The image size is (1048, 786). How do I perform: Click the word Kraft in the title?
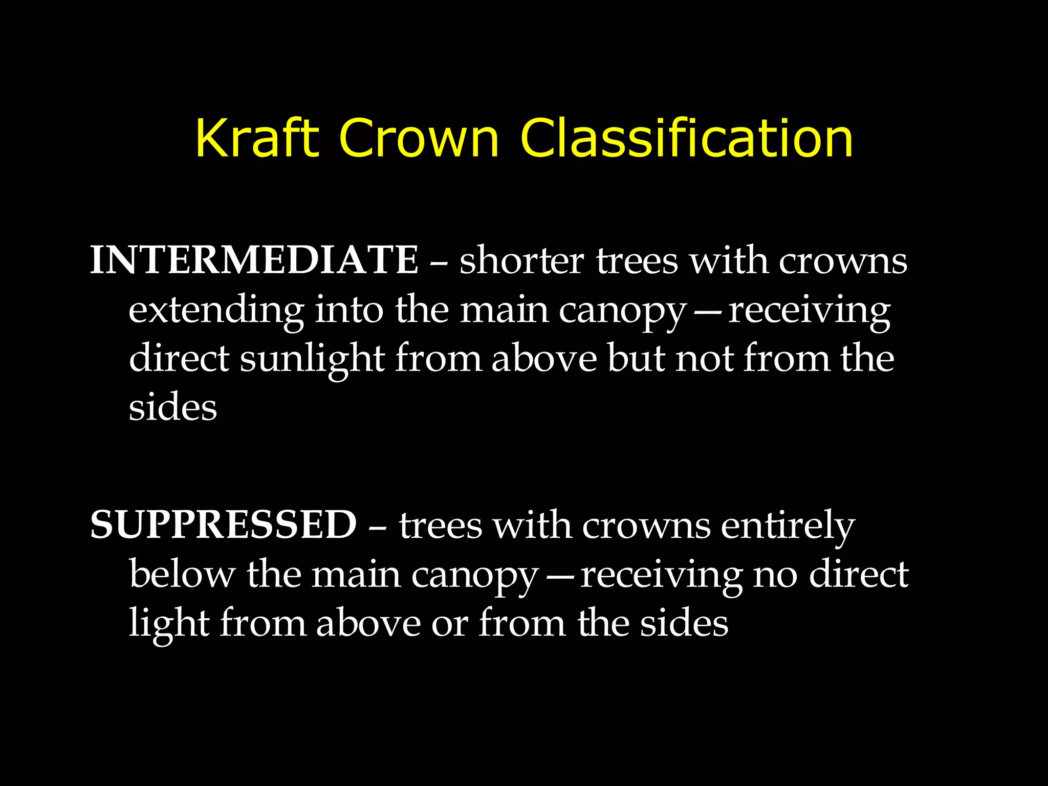[257, 138]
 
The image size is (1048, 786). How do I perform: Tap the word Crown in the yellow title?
[418, 138]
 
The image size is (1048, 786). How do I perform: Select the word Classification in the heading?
[686, 138]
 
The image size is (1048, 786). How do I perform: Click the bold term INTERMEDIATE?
[254, 260]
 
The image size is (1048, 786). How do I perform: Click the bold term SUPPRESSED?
[223, 525]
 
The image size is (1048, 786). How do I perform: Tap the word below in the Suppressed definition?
[182, 574]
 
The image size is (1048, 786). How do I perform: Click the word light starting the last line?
[169, 623]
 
